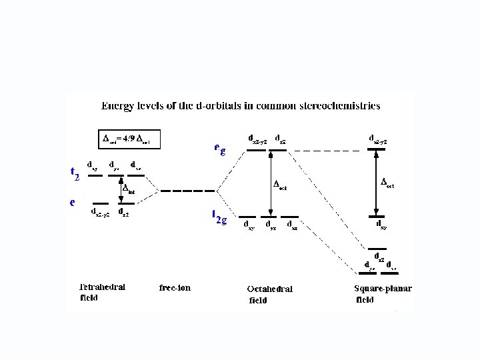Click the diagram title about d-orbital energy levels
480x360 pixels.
tap(240, 105)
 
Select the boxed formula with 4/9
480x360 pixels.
tap(131, 139)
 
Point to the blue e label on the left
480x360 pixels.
tap(73, 201)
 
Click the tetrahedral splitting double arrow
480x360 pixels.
tap(121, 191)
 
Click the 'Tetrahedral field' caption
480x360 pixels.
tap(102, 292)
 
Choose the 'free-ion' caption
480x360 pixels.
tap(175, 288)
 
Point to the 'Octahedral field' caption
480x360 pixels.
tap(269, 294)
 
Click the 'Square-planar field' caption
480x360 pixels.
tap(383, 293)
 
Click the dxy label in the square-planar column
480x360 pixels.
tap(380, 227)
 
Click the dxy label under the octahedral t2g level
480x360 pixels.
tap(248, 226)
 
